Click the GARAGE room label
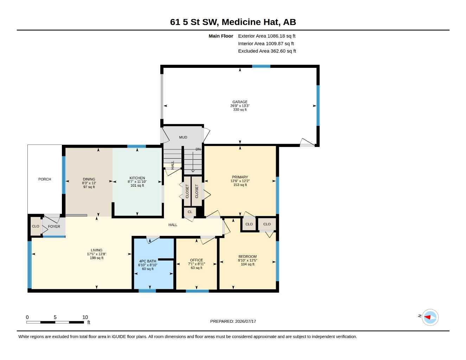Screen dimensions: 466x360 [240, 102]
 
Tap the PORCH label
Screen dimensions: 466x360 [45, 179]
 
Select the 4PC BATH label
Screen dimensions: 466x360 [148, 261]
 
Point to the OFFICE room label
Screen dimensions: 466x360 [197, 260]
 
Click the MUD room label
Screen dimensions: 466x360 [183, 137]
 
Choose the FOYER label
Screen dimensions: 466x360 [54, 226]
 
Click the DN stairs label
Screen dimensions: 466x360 [198, 149]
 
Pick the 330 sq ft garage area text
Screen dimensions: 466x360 [240, 110]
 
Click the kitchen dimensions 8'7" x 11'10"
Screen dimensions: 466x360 [137, 182]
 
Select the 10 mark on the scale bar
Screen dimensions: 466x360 [85, 317]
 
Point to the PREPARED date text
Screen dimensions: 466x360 [233, 321]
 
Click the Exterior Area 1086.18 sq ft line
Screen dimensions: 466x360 [267, 36]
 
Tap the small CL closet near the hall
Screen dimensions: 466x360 [190, 212]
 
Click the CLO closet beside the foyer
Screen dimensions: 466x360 [36, 226]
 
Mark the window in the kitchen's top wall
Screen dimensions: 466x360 [136, 146]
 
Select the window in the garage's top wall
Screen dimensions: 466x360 [261, 66]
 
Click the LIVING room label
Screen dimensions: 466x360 [96, 250]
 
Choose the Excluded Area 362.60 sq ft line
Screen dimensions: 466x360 [267, 51]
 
